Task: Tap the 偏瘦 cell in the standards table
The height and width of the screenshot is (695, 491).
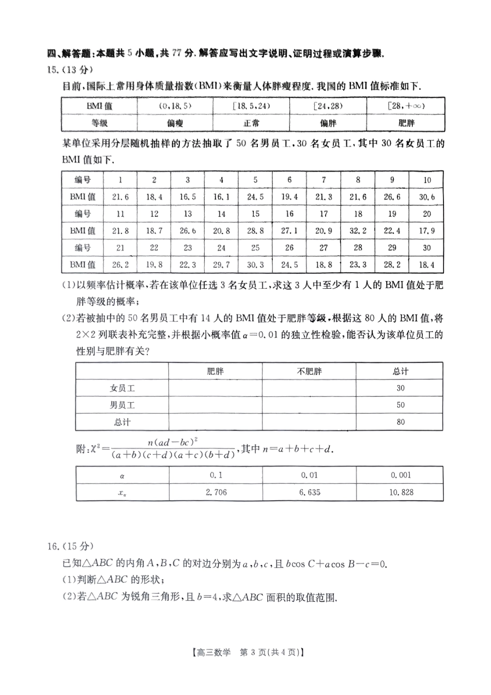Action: (175, 123)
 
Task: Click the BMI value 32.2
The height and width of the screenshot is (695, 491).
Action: (358, 231)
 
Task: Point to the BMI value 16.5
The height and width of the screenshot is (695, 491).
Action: (188, 197)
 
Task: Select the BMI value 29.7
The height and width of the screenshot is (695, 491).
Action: (221, 264)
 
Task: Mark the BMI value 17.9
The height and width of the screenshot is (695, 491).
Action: (426, 231)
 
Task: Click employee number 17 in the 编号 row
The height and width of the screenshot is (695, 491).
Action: (324, 214)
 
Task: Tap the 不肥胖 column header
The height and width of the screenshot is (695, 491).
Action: (309, 371)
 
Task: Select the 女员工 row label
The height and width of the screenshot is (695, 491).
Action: (122, 388)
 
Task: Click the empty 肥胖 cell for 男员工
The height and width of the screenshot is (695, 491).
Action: (215, 405)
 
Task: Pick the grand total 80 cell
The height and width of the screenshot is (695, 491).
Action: (401, 422)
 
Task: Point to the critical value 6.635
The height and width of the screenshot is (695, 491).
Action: (309, 492)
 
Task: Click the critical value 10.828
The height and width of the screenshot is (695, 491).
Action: (401, 492)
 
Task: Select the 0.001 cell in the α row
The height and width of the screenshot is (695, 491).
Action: (401, 475)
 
